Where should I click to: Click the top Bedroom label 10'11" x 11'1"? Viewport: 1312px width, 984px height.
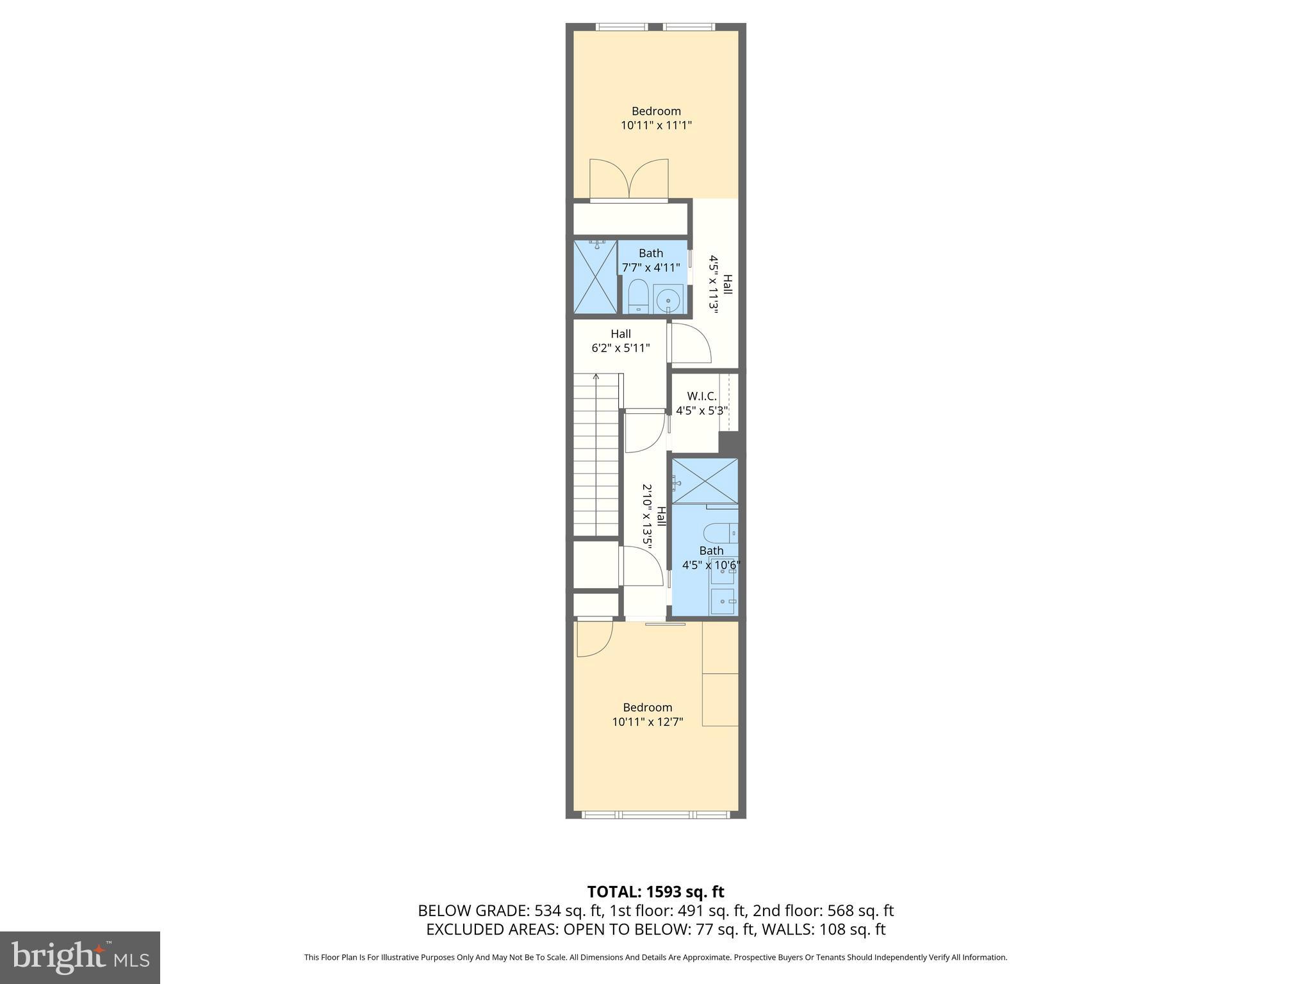pos(656,119)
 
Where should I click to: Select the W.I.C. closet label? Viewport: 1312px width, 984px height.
pos(701,404)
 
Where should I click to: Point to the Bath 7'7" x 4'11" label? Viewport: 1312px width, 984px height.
pos(651,261)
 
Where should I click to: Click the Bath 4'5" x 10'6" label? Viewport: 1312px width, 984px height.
pos(711,558)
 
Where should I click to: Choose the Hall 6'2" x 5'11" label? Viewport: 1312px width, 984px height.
pos(620,341)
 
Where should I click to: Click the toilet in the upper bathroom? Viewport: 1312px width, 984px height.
pos(637,297)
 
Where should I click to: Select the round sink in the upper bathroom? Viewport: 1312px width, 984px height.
pos(668,299)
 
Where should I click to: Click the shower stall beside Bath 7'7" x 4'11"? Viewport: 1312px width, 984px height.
pos(595,277)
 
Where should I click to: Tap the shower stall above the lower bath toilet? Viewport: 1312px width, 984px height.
pos(705,481)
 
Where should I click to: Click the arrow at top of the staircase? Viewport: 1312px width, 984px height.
pos(596,377)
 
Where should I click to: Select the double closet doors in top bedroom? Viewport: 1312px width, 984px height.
pos(629,179)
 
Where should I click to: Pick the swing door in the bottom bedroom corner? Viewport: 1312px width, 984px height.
pos(593,639)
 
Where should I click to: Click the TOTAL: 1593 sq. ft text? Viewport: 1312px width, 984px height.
pos(655,892)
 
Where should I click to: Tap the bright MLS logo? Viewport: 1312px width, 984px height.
pos(80,958)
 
